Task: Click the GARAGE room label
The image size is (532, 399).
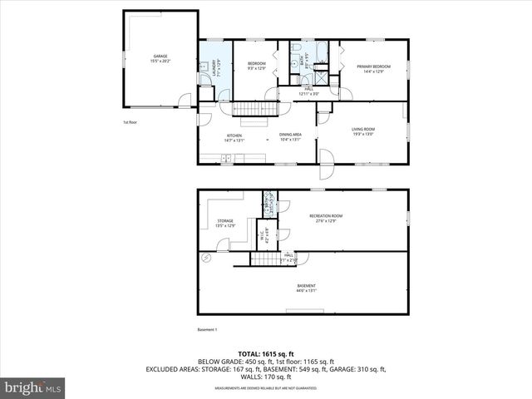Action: pos(160,58)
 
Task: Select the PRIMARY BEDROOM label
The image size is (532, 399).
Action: pos(373,67)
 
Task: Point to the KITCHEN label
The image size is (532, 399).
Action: pos(234,138)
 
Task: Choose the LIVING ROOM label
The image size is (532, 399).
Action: pos(363,131)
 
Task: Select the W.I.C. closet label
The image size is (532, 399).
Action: pos(265,234)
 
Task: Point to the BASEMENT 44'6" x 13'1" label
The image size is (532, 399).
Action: pos(306,288)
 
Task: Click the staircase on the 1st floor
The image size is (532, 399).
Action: pos(254,109)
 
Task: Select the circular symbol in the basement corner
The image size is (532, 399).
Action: pos(204,259)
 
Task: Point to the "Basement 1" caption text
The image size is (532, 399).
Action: pos(207,329)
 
